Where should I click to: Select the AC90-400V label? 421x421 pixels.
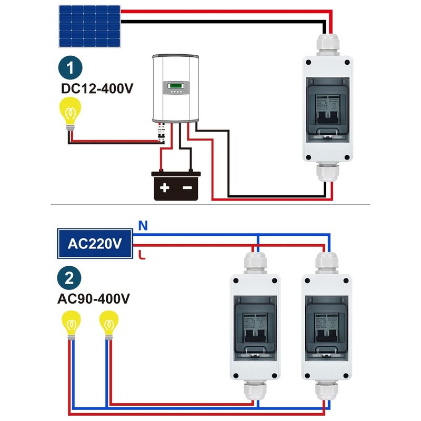[93, 299]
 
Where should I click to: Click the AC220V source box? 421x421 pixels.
[94, 244]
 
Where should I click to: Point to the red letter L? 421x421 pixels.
[141, 256]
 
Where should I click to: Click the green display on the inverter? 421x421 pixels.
[175, 85]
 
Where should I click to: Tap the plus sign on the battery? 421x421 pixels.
[165, 188]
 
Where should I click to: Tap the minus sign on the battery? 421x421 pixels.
[187, 188]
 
